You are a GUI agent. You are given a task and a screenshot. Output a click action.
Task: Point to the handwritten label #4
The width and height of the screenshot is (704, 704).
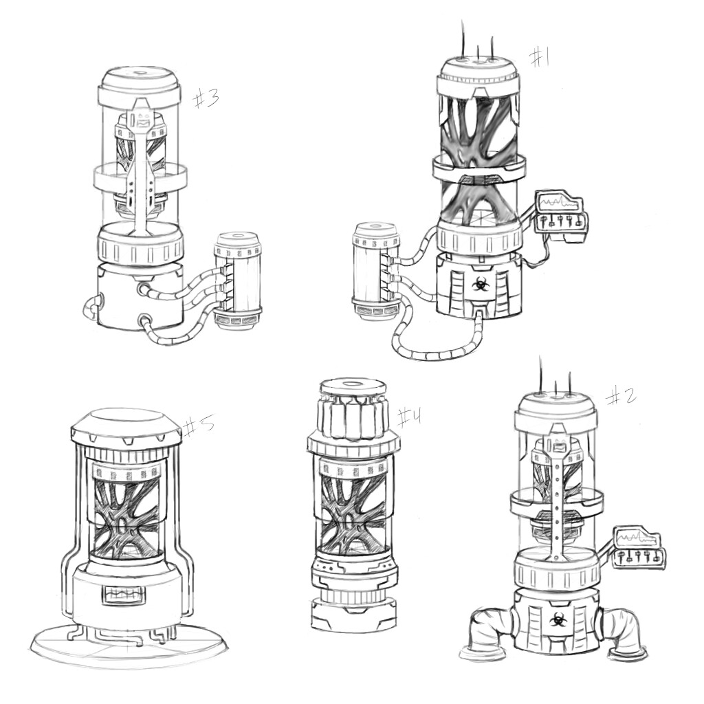pos(408,417)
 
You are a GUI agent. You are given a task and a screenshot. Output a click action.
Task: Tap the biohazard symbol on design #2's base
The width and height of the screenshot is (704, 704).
pos(553,619)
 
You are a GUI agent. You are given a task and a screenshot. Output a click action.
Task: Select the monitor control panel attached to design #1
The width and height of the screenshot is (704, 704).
pos(562,214)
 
